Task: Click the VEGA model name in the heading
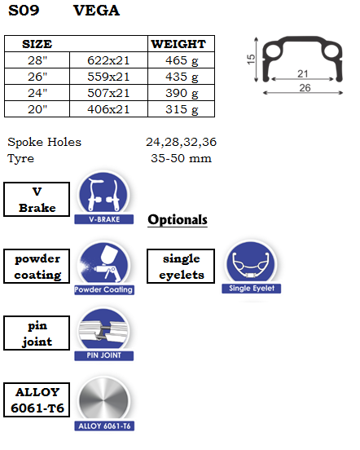tap(96, 11)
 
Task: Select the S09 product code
tap(24, 11)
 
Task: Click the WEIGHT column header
tap(178, 44)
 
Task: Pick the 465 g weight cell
tap(182, 60)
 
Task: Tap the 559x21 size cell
tap(108, 77)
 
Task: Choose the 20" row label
tap(37, 109)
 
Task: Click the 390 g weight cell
tap(182, 93)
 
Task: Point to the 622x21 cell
tap(108, 60)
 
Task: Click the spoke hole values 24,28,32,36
tap(181, 142)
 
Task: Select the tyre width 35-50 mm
tap(181, 158)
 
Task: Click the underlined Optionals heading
tap(178, 220)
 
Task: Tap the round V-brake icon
tap(103, 194)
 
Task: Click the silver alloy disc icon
tap(104, 400)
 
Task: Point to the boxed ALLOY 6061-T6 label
tap(37, 399)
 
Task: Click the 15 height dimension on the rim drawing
tap(251, 60)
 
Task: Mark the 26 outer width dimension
tap(305, 88)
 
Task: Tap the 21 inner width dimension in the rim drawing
tap(303, 73)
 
